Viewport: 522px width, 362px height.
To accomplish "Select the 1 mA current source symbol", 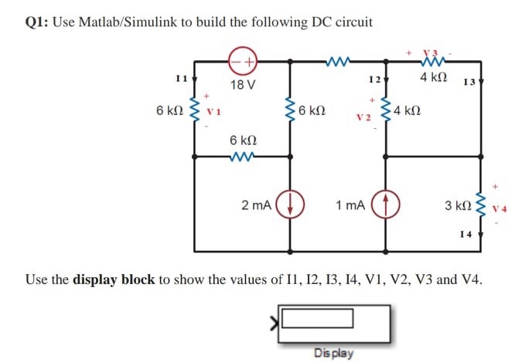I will [x=384, y=206].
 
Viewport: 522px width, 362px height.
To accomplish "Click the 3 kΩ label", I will [x=458, y=206].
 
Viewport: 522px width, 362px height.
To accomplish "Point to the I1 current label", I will [x=181, y=78].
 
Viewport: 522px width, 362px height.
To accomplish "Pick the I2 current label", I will [x=374, y=80].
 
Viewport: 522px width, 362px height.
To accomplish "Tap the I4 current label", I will [x=465, y=233].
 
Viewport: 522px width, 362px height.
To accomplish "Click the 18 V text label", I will [x=243, y=84].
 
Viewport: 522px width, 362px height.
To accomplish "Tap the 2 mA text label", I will [x=256, y=206].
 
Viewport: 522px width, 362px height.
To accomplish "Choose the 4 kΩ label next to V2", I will [x=408, y=111].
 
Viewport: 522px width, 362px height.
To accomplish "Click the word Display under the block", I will [x=334, y=353].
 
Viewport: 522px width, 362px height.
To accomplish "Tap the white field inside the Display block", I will [x=317, y=318].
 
